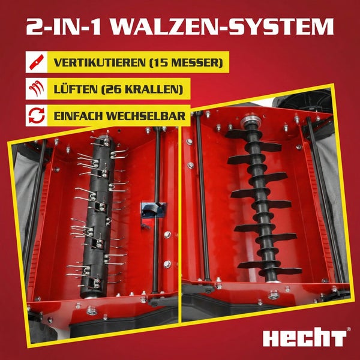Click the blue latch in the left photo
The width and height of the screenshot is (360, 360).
[149, 209]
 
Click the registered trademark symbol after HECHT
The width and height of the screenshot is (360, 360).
[349, 330]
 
